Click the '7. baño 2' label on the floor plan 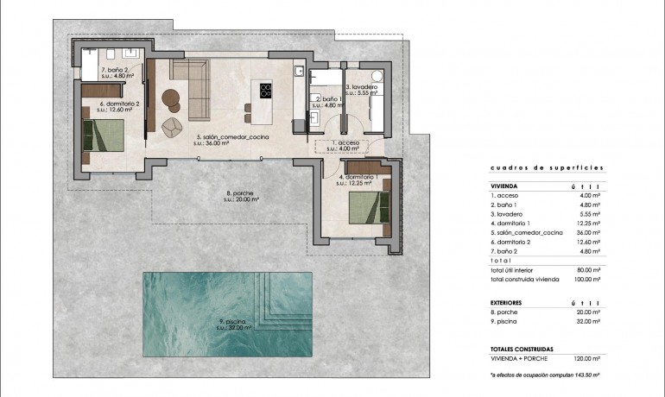tap(115, 72)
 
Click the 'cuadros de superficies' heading tap(546, 168)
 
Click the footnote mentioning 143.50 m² tap(544, 376)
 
